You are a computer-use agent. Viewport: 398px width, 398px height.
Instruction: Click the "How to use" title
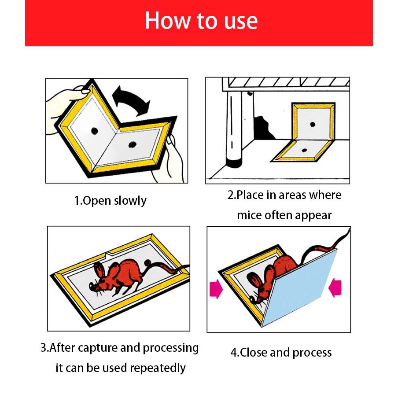click(201, 21)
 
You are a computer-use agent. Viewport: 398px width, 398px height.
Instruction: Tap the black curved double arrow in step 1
click(131, 99)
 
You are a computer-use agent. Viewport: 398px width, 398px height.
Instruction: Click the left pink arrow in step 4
click(216, 289)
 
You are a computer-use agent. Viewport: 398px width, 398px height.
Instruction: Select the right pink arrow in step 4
click(335, 287)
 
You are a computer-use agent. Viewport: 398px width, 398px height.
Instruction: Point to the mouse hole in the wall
click(263, 128)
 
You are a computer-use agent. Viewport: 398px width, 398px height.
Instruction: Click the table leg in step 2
click(235, 129)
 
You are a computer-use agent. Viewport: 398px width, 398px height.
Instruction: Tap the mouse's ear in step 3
click(99, 271)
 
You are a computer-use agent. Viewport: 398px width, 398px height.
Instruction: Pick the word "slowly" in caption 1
click(130, 201)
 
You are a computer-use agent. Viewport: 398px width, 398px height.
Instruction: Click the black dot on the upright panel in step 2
click(313, 124)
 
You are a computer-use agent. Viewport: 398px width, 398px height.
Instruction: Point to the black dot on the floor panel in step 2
click(305, 150)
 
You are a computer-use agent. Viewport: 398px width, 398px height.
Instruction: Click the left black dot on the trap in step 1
click(95, 131)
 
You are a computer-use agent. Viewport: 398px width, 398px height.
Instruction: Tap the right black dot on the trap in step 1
click(132, 145)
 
